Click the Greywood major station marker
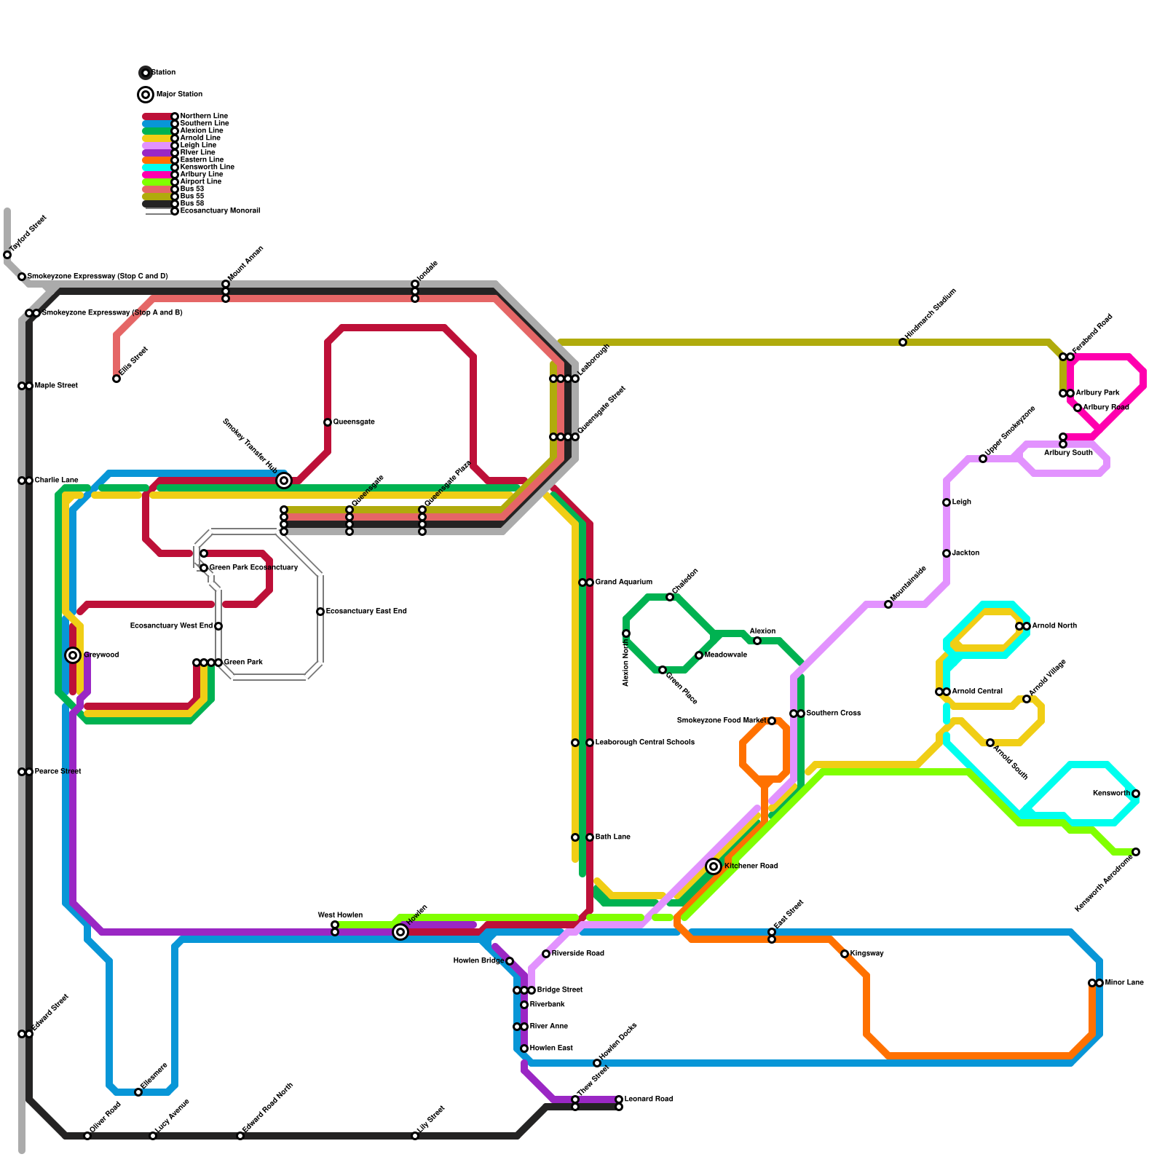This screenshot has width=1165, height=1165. pyautogui.click(x=73, y=655)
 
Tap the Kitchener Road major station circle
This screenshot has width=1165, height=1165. pyautogui.click(x=714, y=866)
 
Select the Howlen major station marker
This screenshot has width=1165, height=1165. pyautogui.click(x=400, y=932)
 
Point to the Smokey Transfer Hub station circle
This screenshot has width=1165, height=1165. pyautogui.click(x=284, y=481)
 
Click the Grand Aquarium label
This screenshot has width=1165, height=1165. pyautogui.click(x=623, y=582)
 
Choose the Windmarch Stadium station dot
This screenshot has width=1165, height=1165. pyautogui.click(x=903, y=342)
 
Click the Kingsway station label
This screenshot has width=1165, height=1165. pyautogui.click(x=866, y=954)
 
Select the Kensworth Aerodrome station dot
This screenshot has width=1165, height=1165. pyautogui.click(x=1136, y=852)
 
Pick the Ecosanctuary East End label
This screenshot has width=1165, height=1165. pyautogui.click(x=366, y=612)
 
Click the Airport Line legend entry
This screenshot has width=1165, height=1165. pyautogui.click(x=200, y=182)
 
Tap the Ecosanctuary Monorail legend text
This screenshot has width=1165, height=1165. pyautogui.click(x=220, y=211)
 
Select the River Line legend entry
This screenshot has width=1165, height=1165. pyautogui.click(x=197, y=153)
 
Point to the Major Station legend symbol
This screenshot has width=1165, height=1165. pyautogui.click(x=146, y=95)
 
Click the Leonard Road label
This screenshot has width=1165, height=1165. pyautogui.click(x=648, y=1099)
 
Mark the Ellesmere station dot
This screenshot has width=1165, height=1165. pyautogui.click(x=138, y=1092)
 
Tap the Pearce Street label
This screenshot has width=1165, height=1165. pyautogui.click(x=58, y=772)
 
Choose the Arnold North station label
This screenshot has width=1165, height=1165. pyautogui.click(x=1054, y=626)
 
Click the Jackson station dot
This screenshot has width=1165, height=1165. pyautogui.click(x=947, y=553)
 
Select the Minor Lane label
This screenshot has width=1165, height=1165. pyautogui.click(x=1124, y=983)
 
